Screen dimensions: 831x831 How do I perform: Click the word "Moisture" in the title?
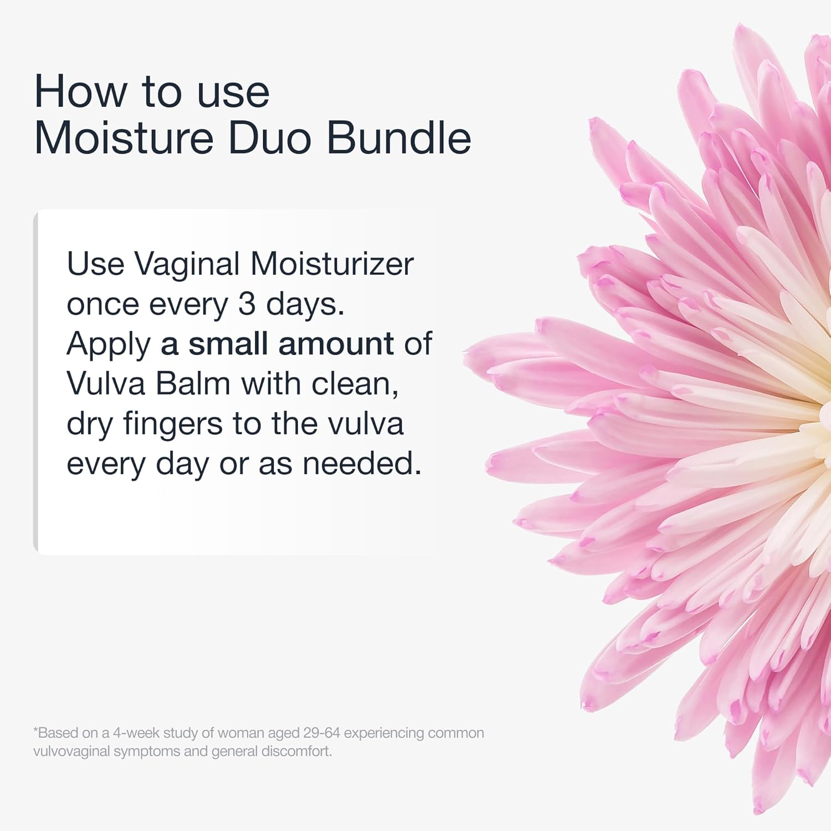point(124,138)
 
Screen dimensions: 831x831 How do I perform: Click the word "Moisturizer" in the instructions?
point(332,264)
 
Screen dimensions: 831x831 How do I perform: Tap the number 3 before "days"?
point(247,304)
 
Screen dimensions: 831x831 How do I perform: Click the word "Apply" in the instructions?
point(109,345)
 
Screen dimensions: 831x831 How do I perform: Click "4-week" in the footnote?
point(136,733)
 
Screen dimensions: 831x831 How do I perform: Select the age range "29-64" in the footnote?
point(321,733)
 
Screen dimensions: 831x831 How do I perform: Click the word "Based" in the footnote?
point(57,733)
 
